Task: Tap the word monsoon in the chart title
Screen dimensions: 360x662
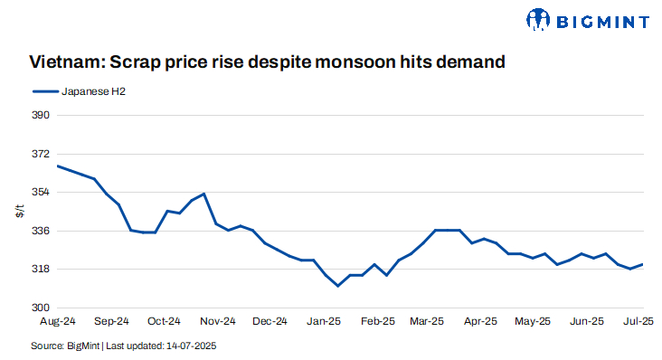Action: click(x=364, y=62)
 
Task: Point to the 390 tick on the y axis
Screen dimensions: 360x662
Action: click(x=41, y=116)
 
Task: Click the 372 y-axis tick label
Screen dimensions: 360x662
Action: click(x=41, y=155)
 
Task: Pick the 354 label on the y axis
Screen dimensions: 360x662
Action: click(x=41, y=193)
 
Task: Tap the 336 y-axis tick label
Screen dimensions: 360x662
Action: click(x=41, y=231)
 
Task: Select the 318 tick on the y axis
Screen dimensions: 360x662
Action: click(x=41, y=270)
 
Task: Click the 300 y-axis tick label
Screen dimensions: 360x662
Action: click(x=41, y=308)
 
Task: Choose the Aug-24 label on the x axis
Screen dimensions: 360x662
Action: click(x=57, y=321)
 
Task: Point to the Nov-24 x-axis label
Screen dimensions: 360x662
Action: click(x=217, y=321)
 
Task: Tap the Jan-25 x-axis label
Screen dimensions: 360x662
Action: click(x=324, y=321)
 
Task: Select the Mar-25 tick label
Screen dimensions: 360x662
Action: click(x=428, y=321)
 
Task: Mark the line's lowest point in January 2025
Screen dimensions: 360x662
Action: click(x=337, y=286)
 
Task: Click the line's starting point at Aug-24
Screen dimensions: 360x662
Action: click(x=58, y=166)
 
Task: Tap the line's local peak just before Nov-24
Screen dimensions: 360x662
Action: click(x=204, y=194)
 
